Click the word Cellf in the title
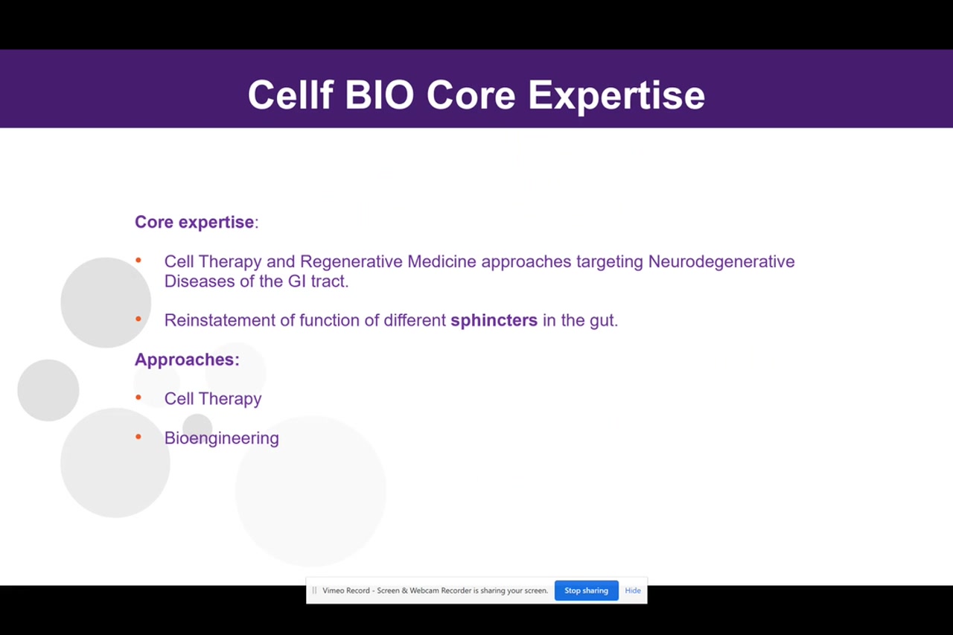289,95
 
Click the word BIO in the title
378,95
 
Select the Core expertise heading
195,222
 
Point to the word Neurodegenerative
721,261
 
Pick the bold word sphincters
494,320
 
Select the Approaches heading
186,360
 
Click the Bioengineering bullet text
221,438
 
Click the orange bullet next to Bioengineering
138,437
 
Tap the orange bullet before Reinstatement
138,319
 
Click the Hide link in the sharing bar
633,590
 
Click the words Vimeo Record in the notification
346,590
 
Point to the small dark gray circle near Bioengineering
197,427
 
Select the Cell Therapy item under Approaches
213,399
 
